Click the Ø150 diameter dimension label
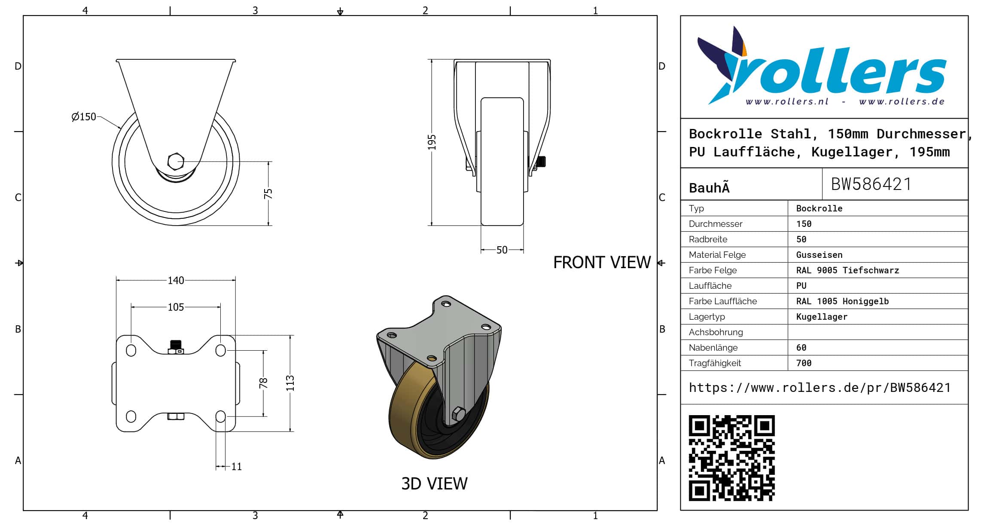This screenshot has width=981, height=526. pos(84,117)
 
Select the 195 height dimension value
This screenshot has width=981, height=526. pos(432,142)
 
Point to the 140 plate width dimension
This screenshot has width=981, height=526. pos(176,281)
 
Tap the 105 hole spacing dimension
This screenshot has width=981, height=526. pos(176,307)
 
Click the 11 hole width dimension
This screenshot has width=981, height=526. pos(237,467)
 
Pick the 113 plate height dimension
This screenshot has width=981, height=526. pos(290,383)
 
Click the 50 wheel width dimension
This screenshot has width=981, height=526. pos(502,250)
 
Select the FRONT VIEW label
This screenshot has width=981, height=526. pos(602,263)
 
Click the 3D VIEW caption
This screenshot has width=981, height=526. pos(434,484)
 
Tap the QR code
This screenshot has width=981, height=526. pos(731,458)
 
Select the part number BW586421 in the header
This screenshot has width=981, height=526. pos(871,184)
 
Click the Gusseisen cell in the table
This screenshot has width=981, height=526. pos(819,255)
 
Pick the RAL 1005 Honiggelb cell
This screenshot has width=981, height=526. pos(842,301)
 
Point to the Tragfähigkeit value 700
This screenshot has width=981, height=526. pos(804,363)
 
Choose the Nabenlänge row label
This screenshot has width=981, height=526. pos(713,348)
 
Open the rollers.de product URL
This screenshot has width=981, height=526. pos(820,388)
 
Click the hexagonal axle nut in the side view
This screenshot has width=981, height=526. pos(175,162)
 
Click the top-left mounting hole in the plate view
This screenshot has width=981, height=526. pos(131,350)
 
